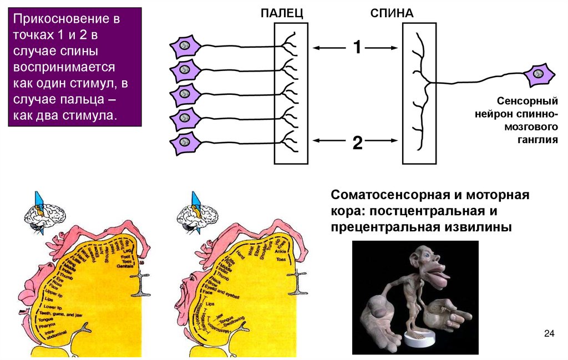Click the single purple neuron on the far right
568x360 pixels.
(x=537, y=74)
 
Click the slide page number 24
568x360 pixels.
(x=550, y=333)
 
